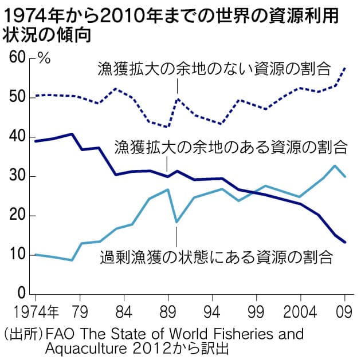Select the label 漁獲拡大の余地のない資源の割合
[214, 69]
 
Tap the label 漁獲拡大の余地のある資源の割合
[231, 147]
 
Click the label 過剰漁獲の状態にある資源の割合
[216, 257]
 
